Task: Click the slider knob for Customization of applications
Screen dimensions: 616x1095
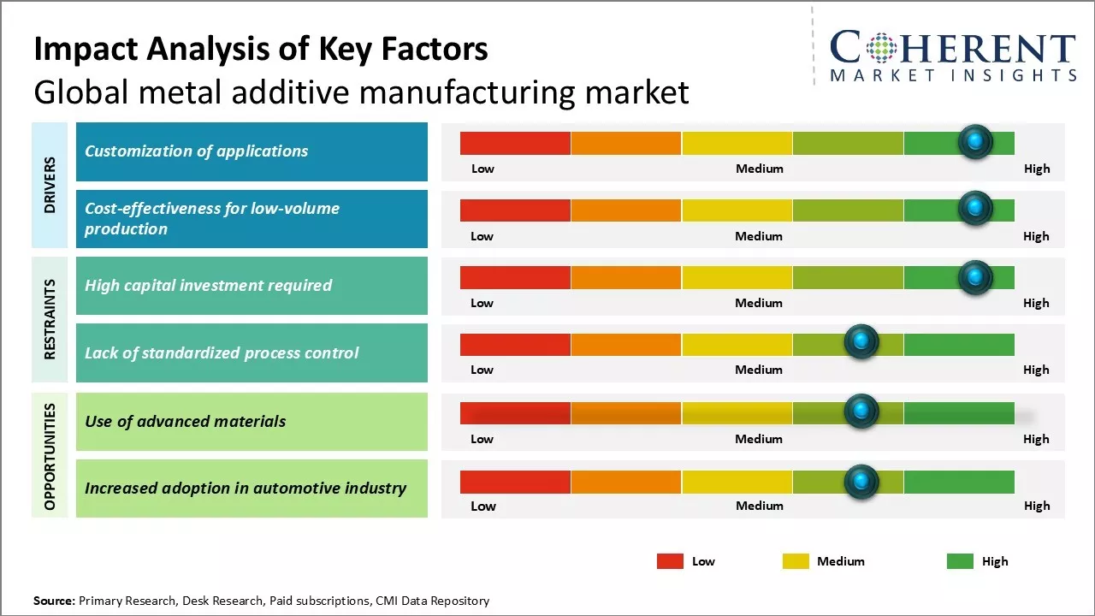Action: pyautogui.click(x=975, y=141)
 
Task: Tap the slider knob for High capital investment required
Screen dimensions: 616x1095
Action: pyautogui.click(x=975, y=276)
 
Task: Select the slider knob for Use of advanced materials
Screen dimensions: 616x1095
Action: pyautogui.click(x=861, y=412)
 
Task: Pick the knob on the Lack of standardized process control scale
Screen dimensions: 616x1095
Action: pyautogui.click(x=861, y=342)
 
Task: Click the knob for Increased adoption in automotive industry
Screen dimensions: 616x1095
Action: pyautogui.click(x=861, y=482)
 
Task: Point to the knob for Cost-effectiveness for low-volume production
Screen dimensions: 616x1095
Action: pyautogui.click(x=975, y=208)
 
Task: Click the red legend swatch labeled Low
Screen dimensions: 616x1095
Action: pyautogui.click(x=670, y=561)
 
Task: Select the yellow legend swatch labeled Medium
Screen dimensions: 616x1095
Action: pyautogui.click(x=796, y=561)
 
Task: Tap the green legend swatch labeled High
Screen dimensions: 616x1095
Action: pyautogui.click(x=960, y=561)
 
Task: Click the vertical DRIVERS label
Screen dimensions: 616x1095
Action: pyautogui.click(x=50, y=185)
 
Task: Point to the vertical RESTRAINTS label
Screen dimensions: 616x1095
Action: pyautogui.click(x=50, y=318)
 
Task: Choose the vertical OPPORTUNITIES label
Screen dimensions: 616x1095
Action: pyautogui.click(x=50, y=456)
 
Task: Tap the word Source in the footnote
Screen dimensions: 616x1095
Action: pyautogui.click(x=54, y=601)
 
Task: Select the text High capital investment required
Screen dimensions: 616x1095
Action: pyautogui.click(x=208, y=285)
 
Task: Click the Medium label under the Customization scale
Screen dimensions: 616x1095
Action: pyautogui.click(x=760, y=169)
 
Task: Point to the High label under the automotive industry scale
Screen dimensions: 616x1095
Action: pyautogui.click(x=1037, y=506)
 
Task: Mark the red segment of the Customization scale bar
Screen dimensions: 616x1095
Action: pyautogui.click(x=515, y=143)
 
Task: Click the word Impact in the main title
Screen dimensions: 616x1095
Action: pyautogui.click(x=76, y=50)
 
